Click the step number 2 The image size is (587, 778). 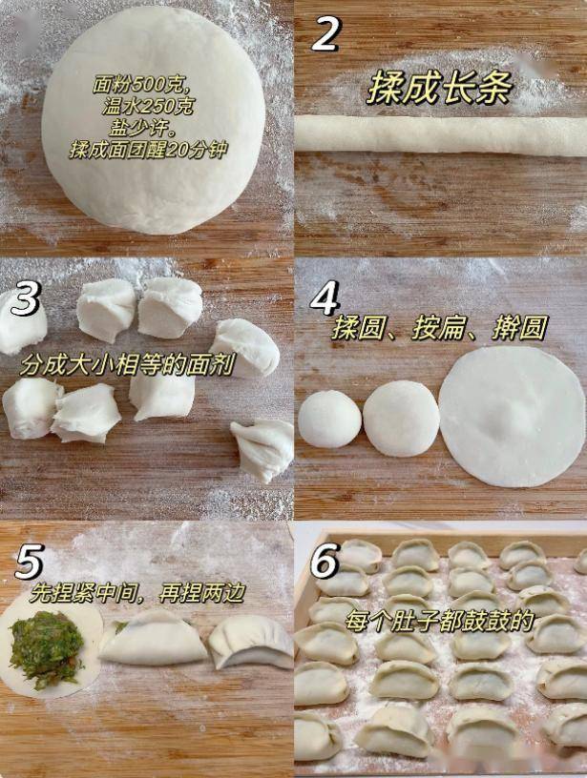click(x=325, y=33)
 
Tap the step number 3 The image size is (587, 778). click(x=25, y=298)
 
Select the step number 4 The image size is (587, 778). click(x=325, y=297)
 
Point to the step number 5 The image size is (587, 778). click(x=29, y=562)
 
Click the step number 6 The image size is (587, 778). click(x=325, y=561)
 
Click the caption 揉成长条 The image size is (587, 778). click(x=439, y=88)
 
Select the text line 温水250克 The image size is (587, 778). click(x=148, y=107)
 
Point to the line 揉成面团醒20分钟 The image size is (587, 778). click(x=148, y=150)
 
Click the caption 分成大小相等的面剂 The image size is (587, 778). click(x=127, y=366)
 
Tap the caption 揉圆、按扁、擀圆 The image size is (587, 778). click(x=439, y=328)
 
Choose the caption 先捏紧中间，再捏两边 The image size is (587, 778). click(x=136, y=593)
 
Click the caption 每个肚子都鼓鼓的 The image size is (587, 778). click(x=439, y=621)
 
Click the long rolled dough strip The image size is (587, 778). click(x=441, y=134)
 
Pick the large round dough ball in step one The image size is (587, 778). click(x=153, y=119)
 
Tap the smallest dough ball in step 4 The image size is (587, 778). click(x=329, y=419)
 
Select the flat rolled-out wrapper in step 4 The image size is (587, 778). click(x=512, y=417)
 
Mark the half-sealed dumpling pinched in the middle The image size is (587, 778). click(x=153, y=639)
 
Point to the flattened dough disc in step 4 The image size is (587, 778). click(x=401, y=419)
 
